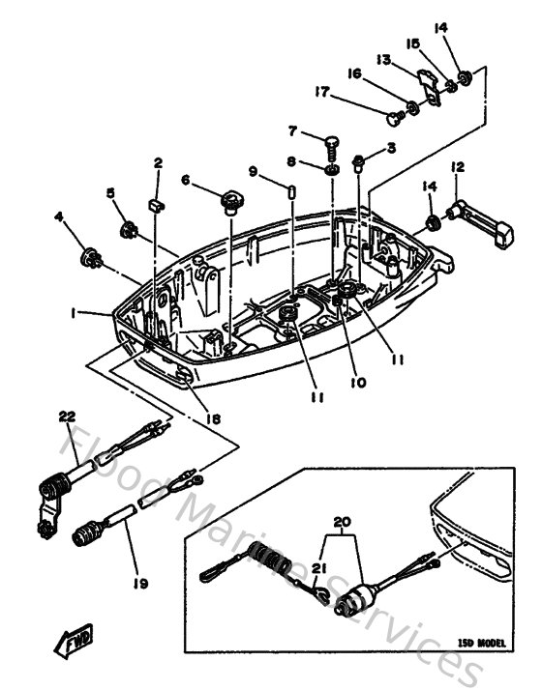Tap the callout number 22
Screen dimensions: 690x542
(x=66, y=417)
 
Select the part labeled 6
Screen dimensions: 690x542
(x=231, y=201)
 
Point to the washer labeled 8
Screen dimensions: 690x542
(x=332, y=170)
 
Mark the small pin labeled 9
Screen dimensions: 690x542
(x=291, y=190)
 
